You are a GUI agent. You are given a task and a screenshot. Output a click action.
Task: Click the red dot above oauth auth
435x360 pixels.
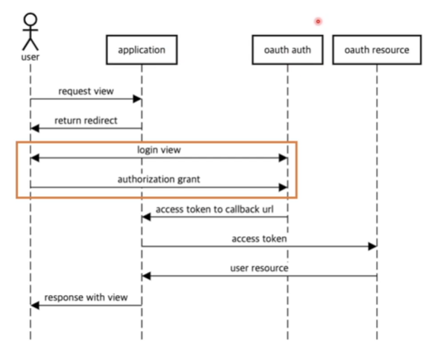click(x=318, y=22)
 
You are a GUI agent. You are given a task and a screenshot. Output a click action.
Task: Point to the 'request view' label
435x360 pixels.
click(x=86, y=91)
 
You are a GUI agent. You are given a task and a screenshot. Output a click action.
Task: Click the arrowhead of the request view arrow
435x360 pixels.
click(x=137, y=99)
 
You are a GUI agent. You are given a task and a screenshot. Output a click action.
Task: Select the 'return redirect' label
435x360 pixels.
click(x=86, y=121)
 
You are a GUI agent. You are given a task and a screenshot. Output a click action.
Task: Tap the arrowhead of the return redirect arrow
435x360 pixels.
click(x=35, y=128)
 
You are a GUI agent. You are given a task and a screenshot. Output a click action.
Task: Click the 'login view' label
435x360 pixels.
click(x=159, y=150)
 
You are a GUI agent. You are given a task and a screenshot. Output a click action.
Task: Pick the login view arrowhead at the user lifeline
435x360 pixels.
click(x=35, y=158)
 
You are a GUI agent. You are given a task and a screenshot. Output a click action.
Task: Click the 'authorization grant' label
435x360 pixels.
click(x=159, y=180)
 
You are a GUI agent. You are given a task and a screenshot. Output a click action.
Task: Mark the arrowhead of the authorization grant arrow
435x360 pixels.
click(x=284, y=187)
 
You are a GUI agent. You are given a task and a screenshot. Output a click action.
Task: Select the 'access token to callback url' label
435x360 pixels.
click(x=214, y=209)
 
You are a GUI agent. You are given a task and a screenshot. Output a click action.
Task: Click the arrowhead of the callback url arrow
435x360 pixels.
click(x=146, y=218)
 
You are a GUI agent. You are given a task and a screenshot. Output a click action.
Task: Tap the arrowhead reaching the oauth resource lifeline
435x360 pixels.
click(x=372, y=246)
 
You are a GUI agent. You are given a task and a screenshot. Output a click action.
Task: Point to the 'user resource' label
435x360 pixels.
click(x=259, y=268)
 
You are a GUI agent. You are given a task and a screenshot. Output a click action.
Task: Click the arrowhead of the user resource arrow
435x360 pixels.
click(x=146, y=276)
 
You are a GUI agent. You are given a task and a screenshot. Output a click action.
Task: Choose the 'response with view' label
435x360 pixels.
click(x=86, y=297)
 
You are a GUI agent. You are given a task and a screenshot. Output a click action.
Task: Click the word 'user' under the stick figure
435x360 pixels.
click(x=31, y=57)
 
